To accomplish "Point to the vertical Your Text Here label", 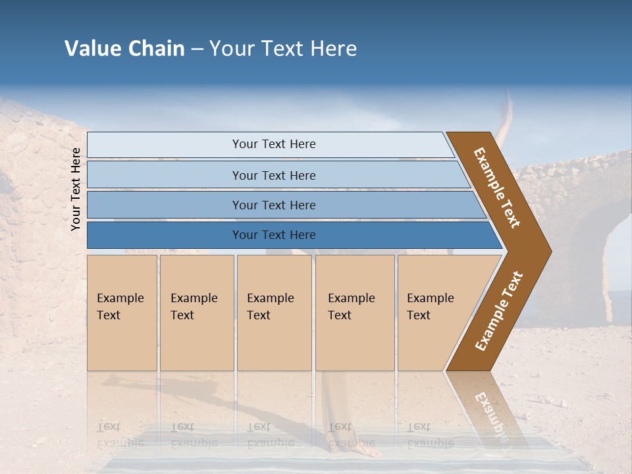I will pyautogui.click(x=76, y=189).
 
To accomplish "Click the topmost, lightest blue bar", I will pyautogui.click(x=270, y=145).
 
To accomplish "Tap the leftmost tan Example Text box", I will pyautogui.click(x=122, y=313).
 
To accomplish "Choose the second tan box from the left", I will pyautogui.click(x=196, y=313).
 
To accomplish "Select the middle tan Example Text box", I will pyautogui.click(x=274, y=313).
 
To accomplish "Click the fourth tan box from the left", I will pyautogui.click(x=354, y=313).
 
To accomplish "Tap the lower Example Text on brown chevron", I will pyautogui.click(x=499, y=311).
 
